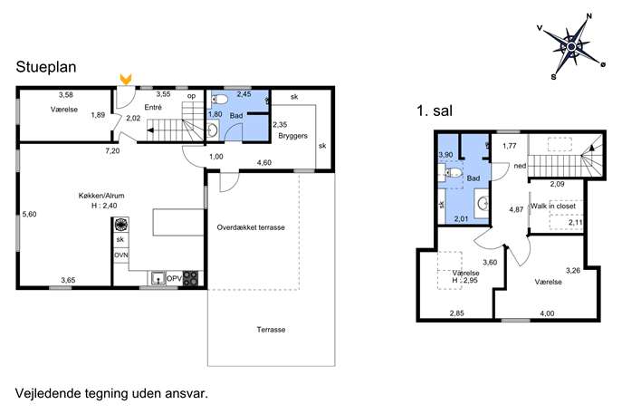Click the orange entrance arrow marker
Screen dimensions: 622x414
pos(126,79)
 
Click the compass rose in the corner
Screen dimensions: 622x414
pos(571,47)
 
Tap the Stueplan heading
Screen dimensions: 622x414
pos(46,67)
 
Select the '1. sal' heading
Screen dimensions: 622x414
pos(435,111)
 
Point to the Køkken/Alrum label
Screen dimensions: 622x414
pos(101,196)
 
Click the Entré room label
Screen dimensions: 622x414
pos(153,107)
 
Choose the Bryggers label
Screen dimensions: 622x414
pos(292,136)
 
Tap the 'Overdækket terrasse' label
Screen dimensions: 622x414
pos(251,227)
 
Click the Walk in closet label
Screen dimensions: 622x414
pos(553,206)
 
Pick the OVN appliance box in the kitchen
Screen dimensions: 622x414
pos(121,255)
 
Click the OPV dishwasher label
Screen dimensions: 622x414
pos(174,279)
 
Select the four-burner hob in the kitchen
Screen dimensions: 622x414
pos(190,278)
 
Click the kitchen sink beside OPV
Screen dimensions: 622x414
pos(158,278)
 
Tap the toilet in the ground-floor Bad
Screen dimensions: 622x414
pos(218,100)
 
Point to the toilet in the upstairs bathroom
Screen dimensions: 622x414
pos(452,173)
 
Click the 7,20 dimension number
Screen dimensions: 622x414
pos(112,151)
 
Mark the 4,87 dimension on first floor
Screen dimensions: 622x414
pos(516,209)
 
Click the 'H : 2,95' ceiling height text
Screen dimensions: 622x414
pos(464,280)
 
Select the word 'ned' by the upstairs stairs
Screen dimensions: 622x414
pos(520,166)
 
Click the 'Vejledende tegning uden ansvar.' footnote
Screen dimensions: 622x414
pos(111,393)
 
